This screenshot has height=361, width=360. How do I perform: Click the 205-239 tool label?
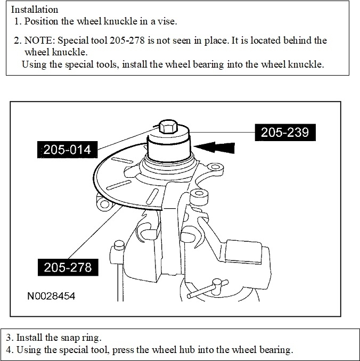click(x=285, y=133)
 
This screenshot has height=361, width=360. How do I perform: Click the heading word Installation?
click(x=35, y=10)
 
